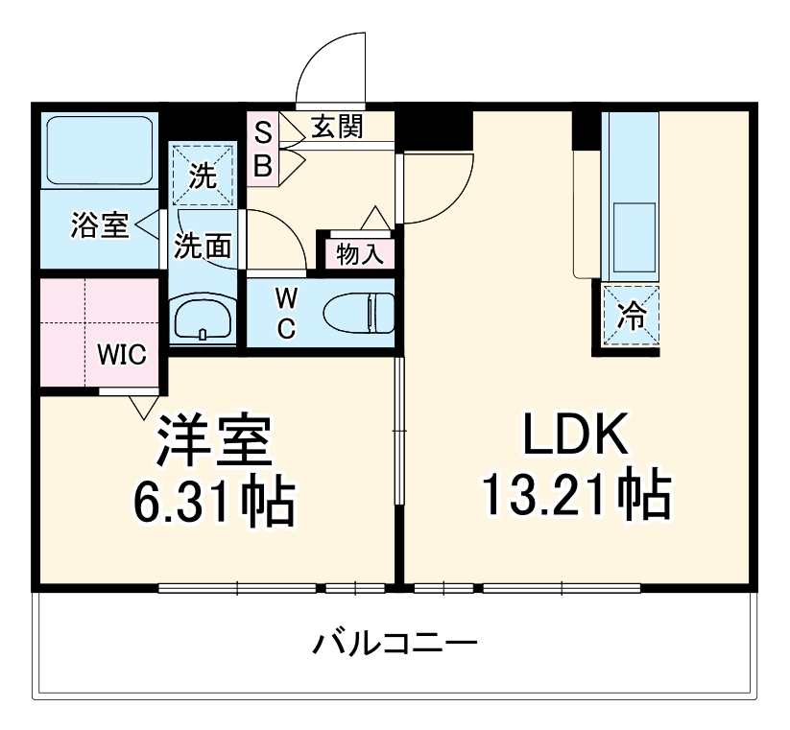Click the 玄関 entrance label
click(x=336, y=126)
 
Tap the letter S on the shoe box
click(x=263, y=131)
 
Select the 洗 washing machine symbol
click(x=203, y=176)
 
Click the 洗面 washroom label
click(x=203, y=247)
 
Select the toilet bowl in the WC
click(x=360, y=313)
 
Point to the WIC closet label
click(x=121, y=355)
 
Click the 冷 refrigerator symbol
click(x=632, y=315)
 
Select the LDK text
click(x=575, y=436)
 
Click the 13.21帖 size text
click(x=575, y=494)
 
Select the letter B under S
click(x=263, y=165)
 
